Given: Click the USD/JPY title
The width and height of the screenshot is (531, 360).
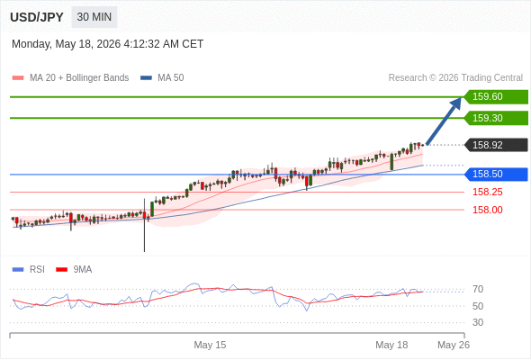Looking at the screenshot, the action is point(37,17).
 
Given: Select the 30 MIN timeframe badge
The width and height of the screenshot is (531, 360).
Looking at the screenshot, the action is point(94,17).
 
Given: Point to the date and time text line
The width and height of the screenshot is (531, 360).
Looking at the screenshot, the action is point(108,44).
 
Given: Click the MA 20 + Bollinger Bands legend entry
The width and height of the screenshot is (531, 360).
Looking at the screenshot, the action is point(70,78).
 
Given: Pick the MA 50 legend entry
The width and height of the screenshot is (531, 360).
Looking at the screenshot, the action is point(162,78).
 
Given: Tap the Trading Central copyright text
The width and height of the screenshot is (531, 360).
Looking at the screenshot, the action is point(455,78).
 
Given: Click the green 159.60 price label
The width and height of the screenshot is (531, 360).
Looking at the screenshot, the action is point(496,97).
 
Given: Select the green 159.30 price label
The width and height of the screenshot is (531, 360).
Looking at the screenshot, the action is point(496,118).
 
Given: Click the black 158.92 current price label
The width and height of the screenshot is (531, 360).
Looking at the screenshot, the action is point(496,145).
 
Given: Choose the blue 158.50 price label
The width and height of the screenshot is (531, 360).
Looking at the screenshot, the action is point(496,174).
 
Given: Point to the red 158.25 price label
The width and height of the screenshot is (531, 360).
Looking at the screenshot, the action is point(488,192).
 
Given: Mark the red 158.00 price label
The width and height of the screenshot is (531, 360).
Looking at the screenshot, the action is point(488,210).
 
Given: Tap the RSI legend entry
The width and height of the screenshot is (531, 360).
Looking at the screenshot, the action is point(29,270).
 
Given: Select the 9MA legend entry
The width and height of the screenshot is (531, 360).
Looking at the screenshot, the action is point(74,270).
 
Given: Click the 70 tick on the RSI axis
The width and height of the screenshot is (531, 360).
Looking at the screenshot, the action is point(478,289).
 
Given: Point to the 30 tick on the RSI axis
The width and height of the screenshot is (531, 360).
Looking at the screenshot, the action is point(478,322).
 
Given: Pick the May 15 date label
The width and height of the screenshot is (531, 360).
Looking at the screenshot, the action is point(210,345).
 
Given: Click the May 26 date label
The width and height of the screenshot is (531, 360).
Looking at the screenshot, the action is point(454,345).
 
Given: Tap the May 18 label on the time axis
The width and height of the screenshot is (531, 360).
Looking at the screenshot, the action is point(391,345).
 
